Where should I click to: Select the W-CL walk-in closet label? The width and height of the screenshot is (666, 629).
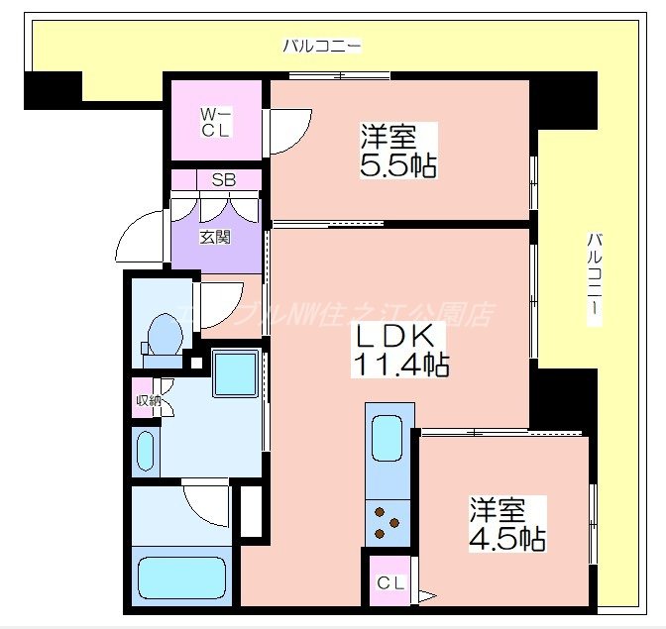[x=216, y=122]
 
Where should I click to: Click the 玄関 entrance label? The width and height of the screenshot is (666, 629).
[x=215, y=238]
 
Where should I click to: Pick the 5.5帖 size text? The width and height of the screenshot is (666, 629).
[x=397, y=164]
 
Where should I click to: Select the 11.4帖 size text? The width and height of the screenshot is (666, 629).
[x=399, y=366]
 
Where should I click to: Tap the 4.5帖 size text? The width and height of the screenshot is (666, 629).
[x=506, y=540]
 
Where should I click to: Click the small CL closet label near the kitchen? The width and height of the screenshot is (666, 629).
[x=389, y=583]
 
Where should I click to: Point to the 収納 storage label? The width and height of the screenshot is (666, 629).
[x=148, y=401]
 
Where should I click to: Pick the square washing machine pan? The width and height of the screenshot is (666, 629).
[x=236, y=373]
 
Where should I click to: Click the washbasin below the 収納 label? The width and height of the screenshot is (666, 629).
[x=147, y=451]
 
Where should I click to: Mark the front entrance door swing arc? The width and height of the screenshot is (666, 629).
[x=139, y=239]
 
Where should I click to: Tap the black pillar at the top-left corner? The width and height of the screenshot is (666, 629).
[x=53, y=90]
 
